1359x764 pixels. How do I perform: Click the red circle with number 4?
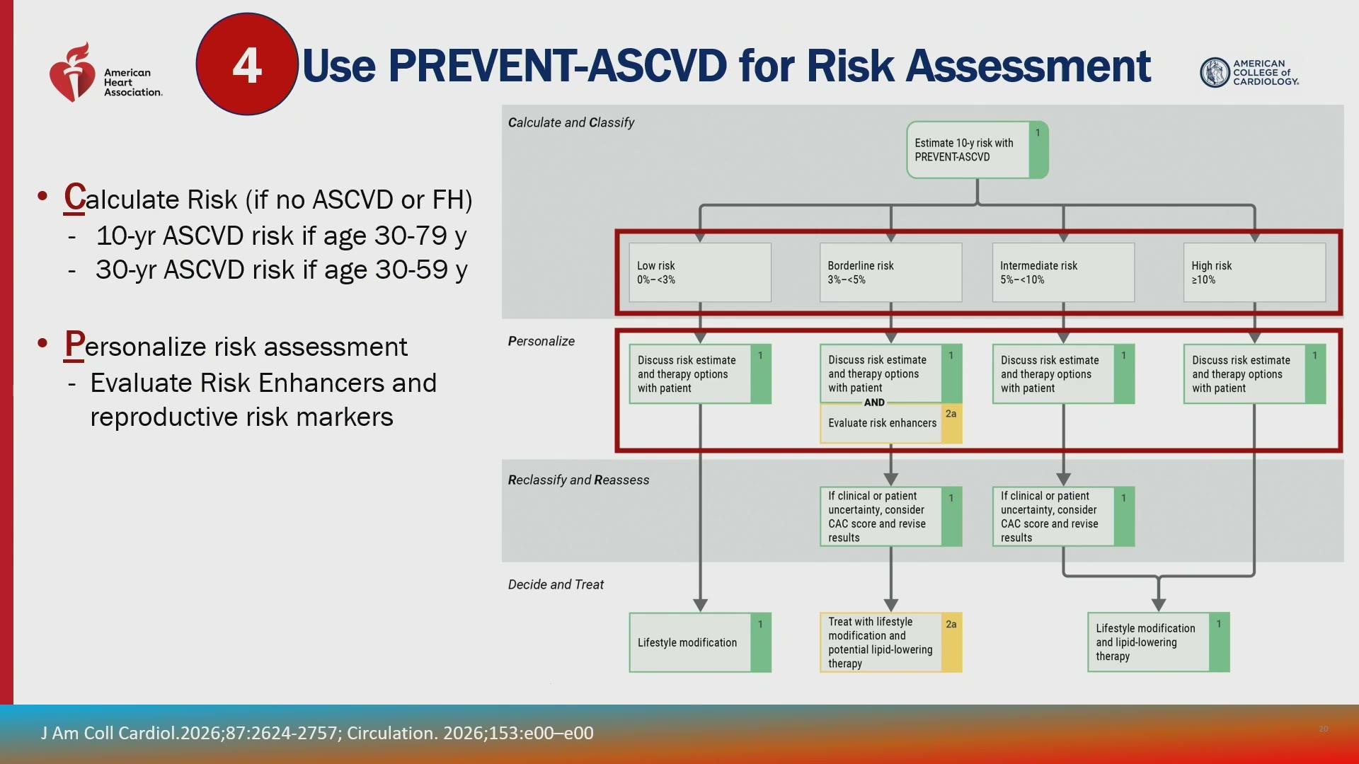246,64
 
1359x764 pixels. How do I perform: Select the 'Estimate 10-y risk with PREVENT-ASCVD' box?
977,150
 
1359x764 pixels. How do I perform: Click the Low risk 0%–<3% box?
700,272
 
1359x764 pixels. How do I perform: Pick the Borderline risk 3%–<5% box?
890,272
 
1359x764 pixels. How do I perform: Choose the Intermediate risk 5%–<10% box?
1063,272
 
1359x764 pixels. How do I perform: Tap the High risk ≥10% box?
1254,272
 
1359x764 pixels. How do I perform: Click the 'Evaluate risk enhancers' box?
890,423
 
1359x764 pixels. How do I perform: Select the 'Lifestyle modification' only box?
700,642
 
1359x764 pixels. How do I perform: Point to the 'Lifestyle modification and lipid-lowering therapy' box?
1159,642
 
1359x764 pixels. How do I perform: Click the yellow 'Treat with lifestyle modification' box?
890,642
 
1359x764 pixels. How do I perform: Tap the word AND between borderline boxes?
874,403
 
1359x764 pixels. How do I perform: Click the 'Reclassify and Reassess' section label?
578,480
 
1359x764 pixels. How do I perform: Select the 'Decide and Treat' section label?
556,584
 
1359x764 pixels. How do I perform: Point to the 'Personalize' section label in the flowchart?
541,341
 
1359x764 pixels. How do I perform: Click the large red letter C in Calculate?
74,197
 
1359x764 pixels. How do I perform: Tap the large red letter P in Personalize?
74,345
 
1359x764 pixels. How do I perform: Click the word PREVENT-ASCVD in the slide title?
558,66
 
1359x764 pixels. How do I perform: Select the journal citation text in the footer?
317,733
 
